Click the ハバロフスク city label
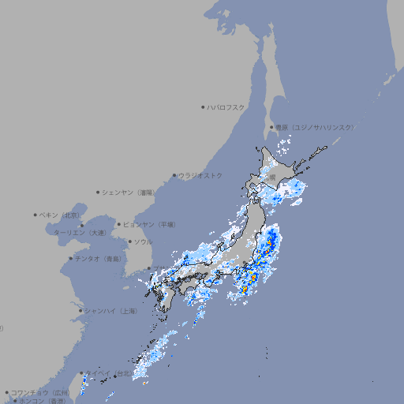point(226,107)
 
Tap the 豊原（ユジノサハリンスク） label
point(315,127)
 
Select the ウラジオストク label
point(200,175)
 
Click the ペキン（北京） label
point(60,215)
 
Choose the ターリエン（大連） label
point(79,233)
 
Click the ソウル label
point(143,241)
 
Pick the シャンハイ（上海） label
point(110,311)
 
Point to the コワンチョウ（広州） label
point(39,392)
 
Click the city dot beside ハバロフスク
point(203,107)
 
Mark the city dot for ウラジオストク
point(174,175)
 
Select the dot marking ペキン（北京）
point(36,215)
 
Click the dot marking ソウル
point(129,241)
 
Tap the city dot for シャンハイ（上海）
point(80,311)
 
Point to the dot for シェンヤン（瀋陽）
point(99,192)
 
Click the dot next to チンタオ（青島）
point(70,258)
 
